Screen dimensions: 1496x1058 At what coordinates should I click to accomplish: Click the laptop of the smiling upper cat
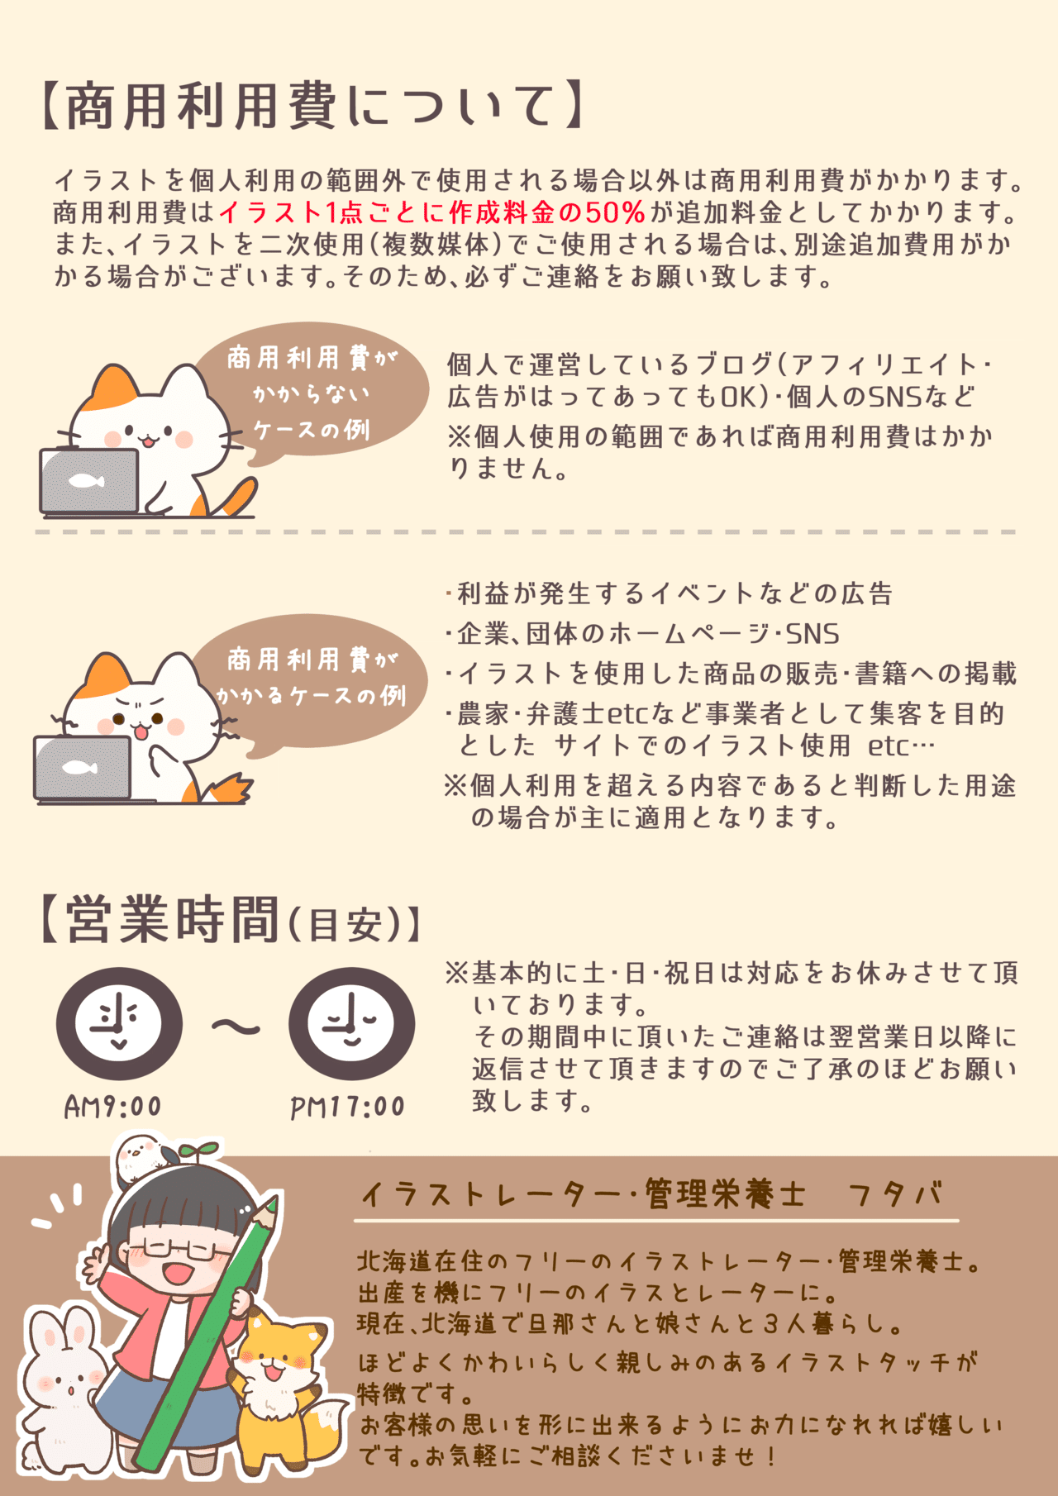click(88, 482)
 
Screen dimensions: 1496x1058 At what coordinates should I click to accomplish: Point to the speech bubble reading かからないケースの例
click(312, 393)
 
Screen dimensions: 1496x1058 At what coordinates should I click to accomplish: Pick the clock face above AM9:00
click(119, 1023)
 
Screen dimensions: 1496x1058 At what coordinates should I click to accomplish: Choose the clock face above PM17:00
click(351, 1023)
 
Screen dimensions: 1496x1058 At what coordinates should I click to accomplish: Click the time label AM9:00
click(113, 1107)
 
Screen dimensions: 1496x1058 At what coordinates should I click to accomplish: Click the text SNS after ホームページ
click(813, 634)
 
